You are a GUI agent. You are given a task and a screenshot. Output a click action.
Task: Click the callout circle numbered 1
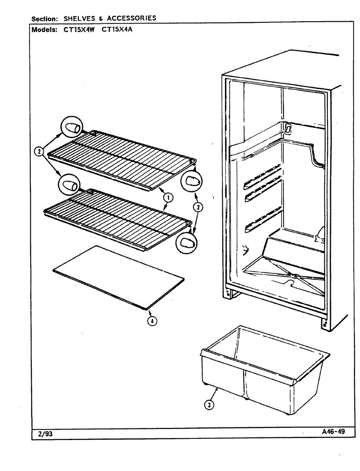point(168,198)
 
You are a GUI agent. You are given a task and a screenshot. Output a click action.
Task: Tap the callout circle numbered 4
point(152,321)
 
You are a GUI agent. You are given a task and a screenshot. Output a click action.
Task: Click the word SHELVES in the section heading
point(79,18)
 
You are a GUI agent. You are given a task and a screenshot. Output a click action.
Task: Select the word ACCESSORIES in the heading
point(132,18)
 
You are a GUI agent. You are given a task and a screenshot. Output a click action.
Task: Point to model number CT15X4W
point(79,29)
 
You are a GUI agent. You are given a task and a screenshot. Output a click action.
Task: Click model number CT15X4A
point(117,29)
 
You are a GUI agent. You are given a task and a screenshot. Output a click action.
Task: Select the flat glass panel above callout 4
point(118,277)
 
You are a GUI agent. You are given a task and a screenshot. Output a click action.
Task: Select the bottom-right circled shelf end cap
point(186,243)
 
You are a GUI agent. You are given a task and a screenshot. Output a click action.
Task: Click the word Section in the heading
point(45,19)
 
